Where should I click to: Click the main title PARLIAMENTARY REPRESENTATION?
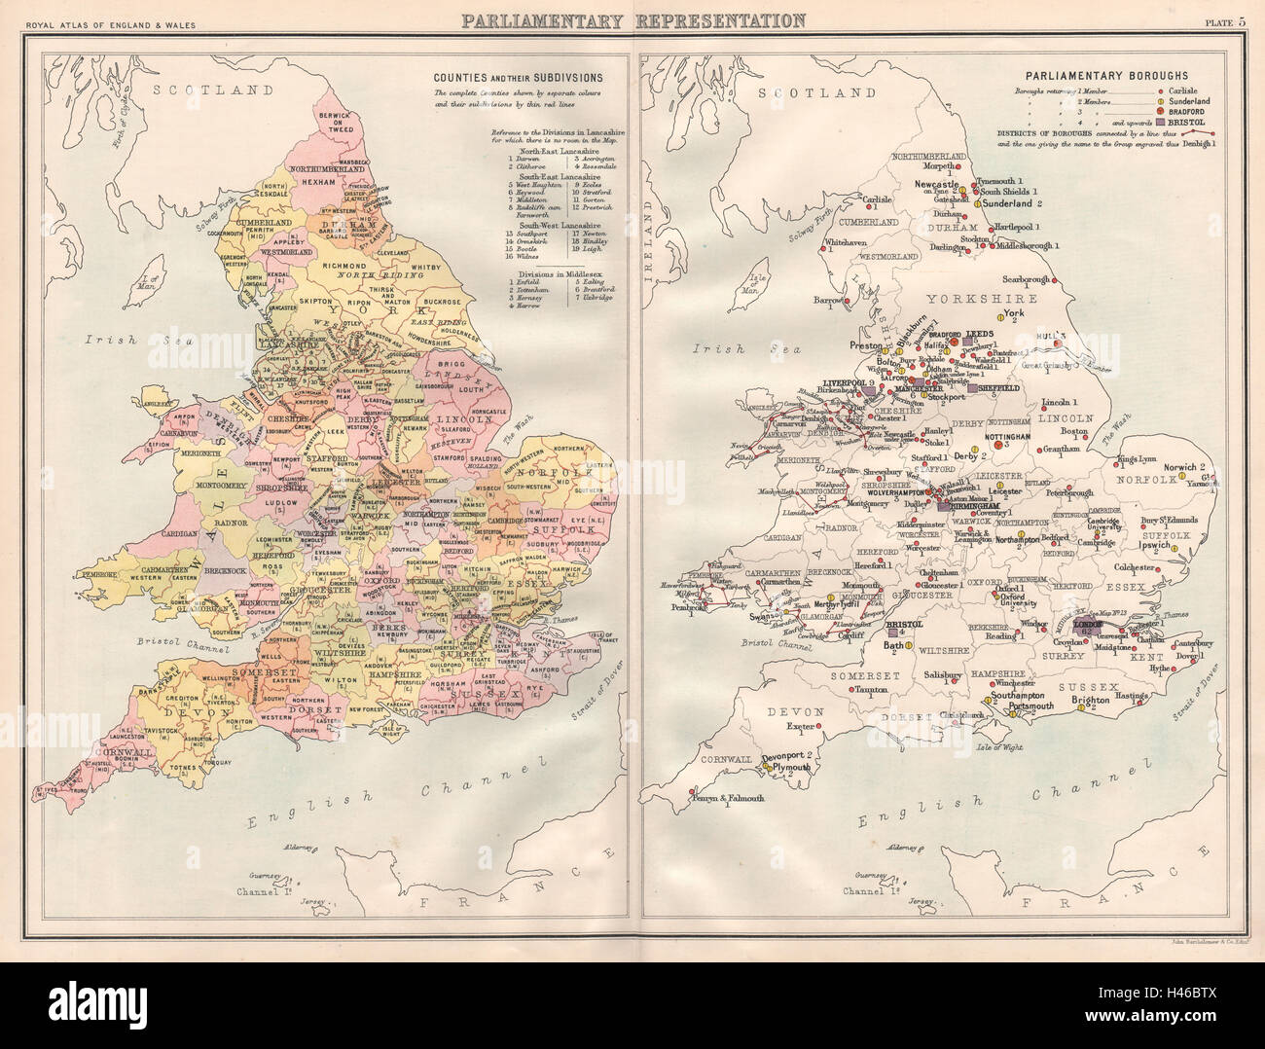coord(632,20)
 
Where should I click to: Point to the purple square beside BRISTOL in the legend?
coord(1161,123)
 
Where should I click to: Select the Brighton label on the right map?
coord(1090,698)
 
